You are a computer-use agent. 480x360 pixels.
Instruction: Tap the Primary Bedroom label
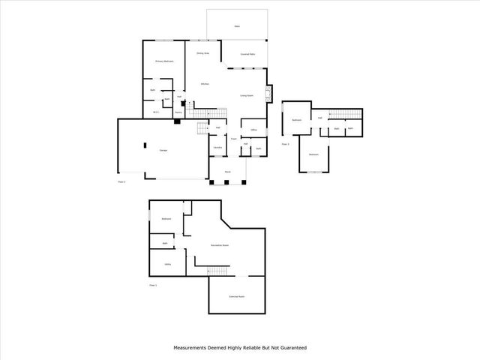pyautogui.click(x=164, y=61)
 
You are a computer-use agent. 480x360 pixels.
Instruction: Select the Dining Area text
pyautogui.click(x=202, y=53)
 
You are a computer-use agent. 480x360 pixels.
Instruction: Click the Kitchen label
pyautogui.click(x=204, y=84)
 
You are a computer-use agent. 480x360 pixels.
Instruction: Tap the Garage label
pyautogui.click(x=163, y=151)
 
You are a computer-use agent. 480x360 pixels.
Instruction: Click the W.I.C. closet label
pyautogui.click(x=155, y=112)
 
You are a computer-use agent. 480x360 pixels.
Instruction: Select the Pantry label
pyautogui.click(x=178, y=110)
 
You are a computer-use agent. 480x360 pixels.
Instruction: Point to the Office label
pyautogui.click(x=254, y=130)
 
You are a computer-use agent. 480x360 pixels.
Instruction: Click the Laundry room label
pyautogui.click(x=217, y=147)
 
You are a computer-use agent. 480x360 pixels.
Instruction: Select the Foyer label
pyautogui.click(x=234, y=138)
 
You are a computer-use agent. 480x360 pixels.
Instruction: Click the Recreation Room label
pyautogui.click(x=220, y=245)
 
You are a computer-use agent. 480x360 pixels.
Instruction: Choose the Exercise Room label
pyautogui.click(x=237, y=297)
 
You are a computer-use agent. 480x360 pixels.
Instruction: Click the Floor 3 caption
pyautogui.click(x=286, y=143)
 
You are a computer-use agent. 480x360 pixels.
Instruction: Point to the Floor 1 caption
pyautogui.click(x=153, y=285)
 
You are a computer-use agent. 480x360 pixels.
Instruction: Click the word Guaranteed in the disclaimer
pyautogui.click(x=291, y=348)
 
